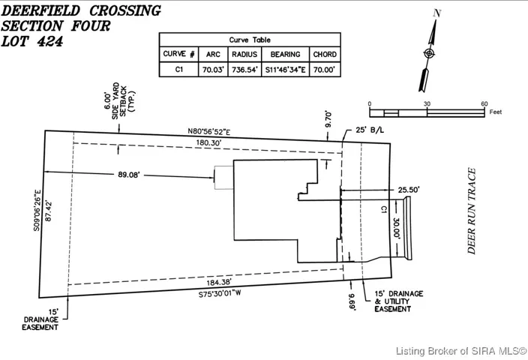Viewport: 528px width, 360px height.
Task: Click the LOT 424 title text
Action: click(x=32, y=41)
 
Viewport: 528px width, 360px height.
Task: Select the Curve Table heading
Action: click(x=250, y=40)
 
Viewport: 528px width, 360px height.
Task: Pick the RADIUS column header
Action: click(x=244, y=54)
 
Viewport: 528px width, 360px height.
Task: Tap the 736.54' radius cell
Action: click(x=244, y=70)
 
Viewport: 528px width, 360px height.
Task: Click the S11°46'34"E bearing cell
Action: click(x=285, y=70)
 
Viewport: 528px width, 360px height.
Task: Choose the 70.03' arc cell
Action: click(x=213, y=70)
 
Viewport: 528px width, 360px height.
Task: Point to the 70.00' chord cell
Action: click(x=325, y=70)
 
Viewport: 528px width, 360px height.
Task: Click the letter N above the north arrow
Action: click(x=436, y=13)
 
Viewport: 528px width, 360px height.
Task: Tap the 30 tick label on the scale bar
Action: click(x=427, y=103)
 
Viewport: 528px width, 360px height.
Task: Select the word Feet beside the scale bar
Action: click(x=495, y=112)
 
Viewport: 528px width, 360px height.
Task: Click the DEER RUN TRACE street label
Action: click(x=472, y=211)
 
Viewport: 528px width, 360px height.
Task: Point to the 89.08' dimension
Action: click(x=129, y=175)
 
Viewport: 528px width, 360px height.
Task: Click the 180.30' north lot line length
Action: click(x=208, y=142)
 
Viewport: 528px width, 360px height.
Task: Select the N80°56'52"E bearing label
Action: click(x=209, y=131)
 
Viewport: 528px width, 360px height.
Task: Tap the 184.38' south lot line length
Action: click(x=219, y=283)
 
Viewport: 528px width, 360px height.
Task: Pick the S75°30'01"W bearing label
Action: click(x=220, y=293)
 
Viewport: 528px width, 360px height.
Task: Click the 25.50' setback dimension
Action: click(x=409, y=190)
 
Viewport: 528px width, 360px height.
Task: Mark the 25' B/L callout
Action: click(x=370, y=130)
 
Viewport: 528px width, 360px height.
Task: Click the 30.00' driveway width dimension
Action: click(x=396, y=229)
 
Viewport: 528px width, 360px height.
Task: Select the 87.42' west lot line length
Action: click(x=48, y=211)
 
